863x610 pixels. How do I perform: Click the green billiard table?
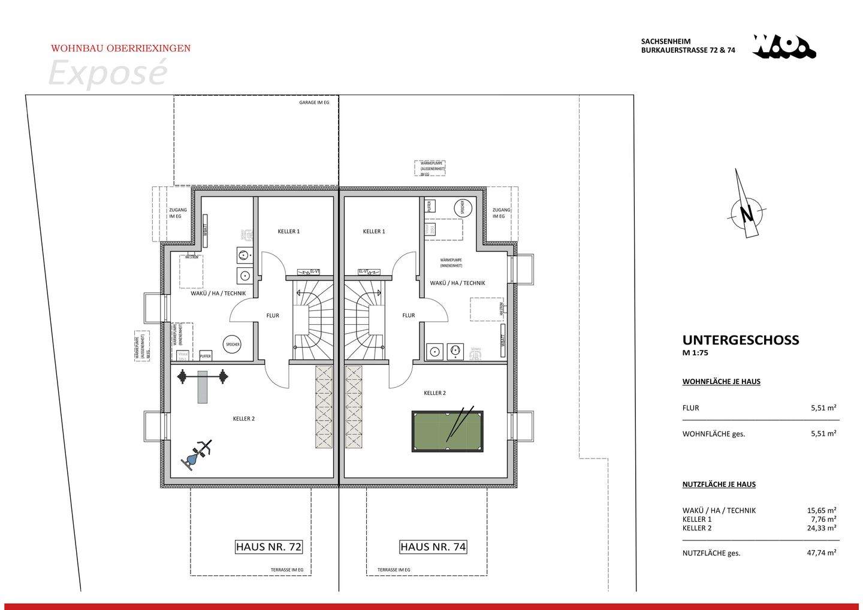447,431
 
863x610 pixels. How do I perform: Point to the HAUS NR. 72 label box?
268,546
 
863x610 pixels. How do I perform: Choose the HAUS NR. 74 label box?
433,546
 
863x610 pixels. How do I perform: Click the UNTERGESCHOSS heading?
741,340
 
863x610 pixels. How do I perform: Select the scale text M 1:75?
695,353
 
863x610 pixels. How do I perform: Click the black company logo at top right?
784,47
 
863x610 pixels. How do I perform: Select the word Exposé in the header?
107,73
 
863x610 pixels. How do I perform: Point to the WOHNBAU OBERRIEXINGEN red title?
120,49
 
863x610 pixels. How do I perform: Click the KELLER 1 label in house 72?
289,231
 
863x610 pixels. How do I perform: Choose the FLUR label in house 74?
409,315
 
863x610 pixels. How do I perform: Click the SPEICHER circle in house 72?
233,345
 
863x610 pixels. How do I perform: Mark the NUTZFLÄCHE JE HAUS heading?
719,484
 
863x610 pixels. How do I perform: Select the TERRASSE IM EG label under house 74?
394,570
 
